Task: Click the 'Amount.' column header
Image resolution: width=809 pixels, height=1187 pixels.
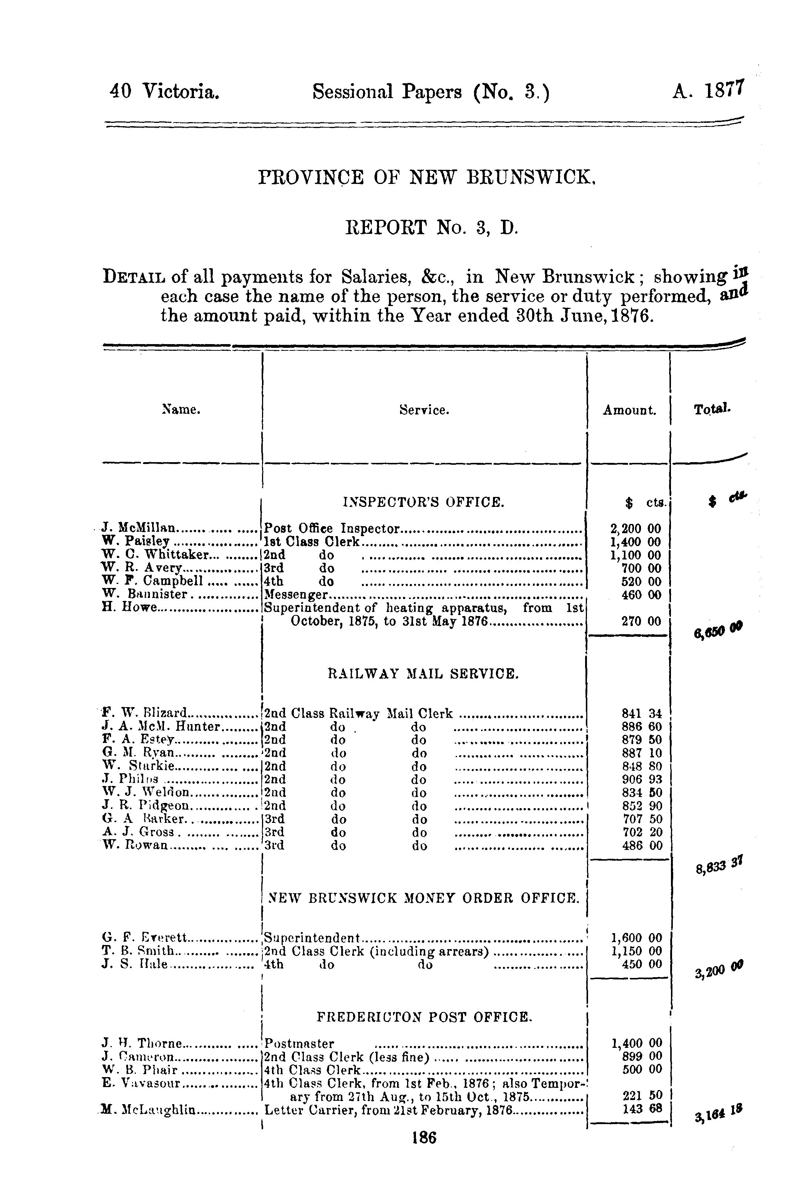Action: point(629,410)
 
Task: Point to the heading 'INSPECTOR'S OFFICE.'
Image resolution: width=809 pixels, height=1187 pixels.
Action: point(424,502)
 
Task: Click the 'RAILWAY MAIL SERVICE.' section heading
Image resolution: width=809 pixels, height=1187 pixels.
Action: point(423,674)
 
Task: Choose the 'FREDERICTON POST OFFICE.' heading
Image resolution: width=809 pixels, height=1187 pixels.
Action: point(424,1017)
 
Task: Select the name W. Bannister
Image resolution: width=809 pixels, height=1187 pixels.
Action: point(145,595)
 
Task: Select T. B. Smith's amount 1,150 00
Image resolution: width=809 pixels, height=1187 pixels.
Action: point(637,951)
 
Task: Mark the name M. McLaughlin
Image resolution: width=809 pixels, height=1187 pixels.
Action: point(148,1109)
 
